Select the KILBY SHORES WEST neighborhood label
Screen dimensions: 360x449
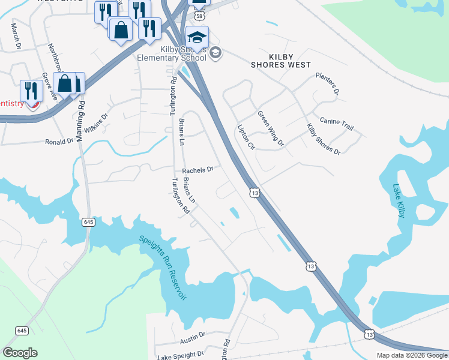(281, 60)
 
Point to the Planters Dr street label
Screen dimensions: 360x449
(328, 85)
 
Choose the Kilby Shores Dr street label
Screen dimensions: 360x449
(323, 139)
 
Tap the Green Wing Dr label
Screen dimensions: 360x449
(270, 128)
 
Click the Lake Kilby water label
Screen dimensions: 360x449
(399, 200)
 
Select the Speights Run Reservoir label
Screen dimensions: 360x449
(163, 267)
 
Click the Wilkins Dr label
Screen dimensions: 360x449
(95, 124)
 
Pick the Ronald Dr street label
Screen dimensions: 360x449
(59, 142)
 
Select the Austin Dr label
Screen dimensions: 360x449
(193, 338)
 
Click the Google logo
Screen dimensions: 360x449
(20, 352)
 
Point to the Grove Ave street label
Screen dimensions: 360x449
(49, 86)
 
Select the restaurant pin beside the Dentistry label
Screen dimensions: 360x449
(31, 91)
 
